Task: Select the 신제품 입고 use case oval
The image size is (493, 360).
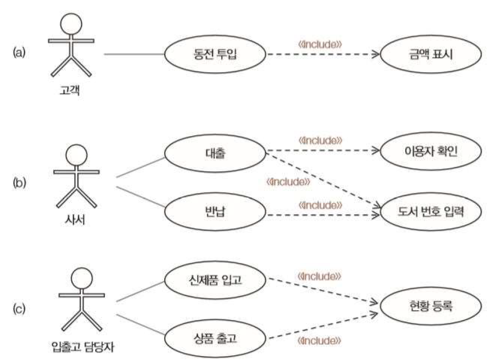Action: pyautogui.click(x=215, y=280)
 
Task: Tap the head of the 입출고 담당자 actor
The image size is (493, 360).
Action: pyautogui.click(x=81, y=280)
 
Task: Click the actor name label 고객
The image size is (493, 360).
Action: pyautogui.click(x=71, y=91)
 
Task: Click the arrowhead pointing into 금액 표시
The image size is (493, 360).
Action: pyautogui.click(x=375, y=54)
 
